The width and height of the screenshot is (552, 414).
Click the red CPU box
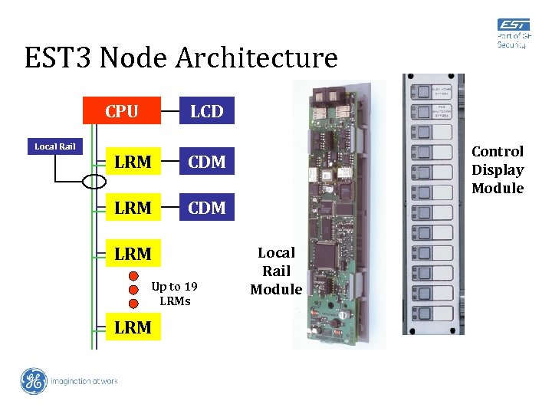(123, 111)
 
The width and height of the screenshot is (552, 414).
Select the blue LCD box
(206, 111)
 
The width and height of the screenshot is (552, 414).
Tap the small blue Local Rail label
(54, 146)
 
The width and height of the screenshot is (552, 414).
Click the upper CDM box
(206, 162)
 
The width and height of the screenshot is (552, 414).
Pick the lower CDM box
(206, 207)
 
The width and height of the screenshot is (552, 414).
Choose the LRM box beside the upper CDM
(132, 162)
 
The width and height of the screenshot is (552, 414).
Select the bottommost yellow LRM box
(132, 327)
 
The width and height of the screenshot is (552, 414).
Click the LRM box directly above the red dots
(132, 252)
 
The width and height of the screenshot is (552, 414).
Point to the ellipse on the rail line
(95, 181)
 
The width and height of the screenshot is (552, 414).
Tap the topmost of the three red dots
(133, 276)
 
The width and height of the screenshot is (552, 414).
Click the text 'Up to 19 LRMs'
(174, 294)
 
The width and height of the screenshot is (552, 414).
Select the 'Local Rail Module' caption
(276, 271)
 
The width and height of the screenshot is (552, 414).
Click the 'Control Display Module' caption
(498, 170)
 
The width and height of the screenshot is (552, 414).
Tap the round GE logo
(34, 381)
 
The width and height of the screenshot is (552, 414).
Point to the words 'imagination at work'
(84, 381)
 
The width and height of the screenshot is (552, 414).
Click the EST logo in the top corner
(512, 34)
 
